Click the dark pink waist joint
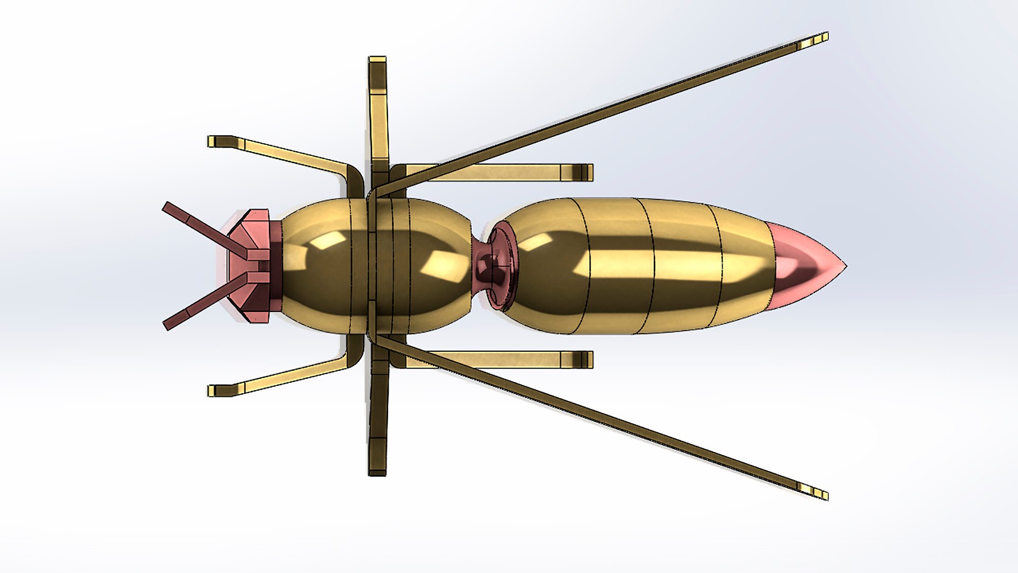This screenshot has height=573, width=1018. pos(485,266)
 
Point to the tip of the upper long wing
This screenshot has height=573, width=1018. pos(819,39)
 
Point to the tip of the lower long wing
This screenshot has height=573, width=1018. pos(819,493)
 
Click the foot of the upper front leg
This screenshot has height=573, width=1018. pos(217,141)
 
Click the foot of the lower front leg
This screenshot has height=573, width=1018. pos(217,390)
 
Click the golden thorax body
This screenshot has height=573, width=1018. pos(371,265)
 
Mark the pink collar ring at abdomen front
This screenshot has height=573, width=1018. pos(504,265)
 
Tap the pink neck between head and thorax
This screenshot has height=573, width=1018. pos(276,265)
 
